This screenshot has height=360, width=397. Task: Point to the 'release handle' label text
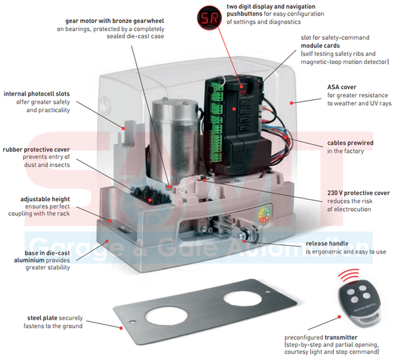(328, 243)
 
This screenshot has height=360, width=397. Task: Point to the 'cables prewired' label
(350, 143)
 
